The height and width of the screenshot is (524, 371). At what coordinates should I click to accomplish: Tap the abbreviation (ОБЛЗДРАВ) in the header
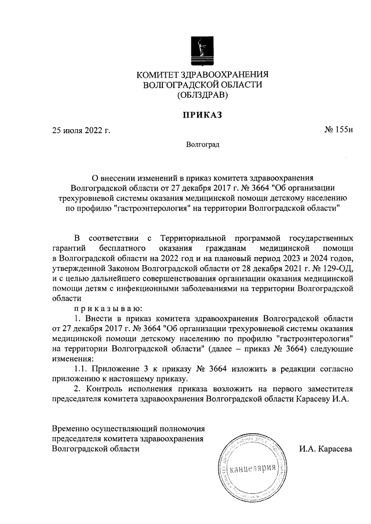point(202,95)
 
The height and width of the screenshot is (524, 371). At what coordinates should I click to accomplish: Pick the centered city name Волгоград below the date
point(203,144)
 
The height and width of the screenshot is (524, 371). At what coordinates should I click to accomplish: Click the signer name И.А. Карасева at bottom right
point(326,449)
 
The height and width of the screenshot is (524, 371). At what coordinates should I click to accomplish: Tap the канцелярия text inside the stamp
point(251,468)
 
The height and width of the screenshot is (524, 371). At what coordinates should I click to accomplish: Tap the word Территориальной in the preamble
point(195,237)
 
